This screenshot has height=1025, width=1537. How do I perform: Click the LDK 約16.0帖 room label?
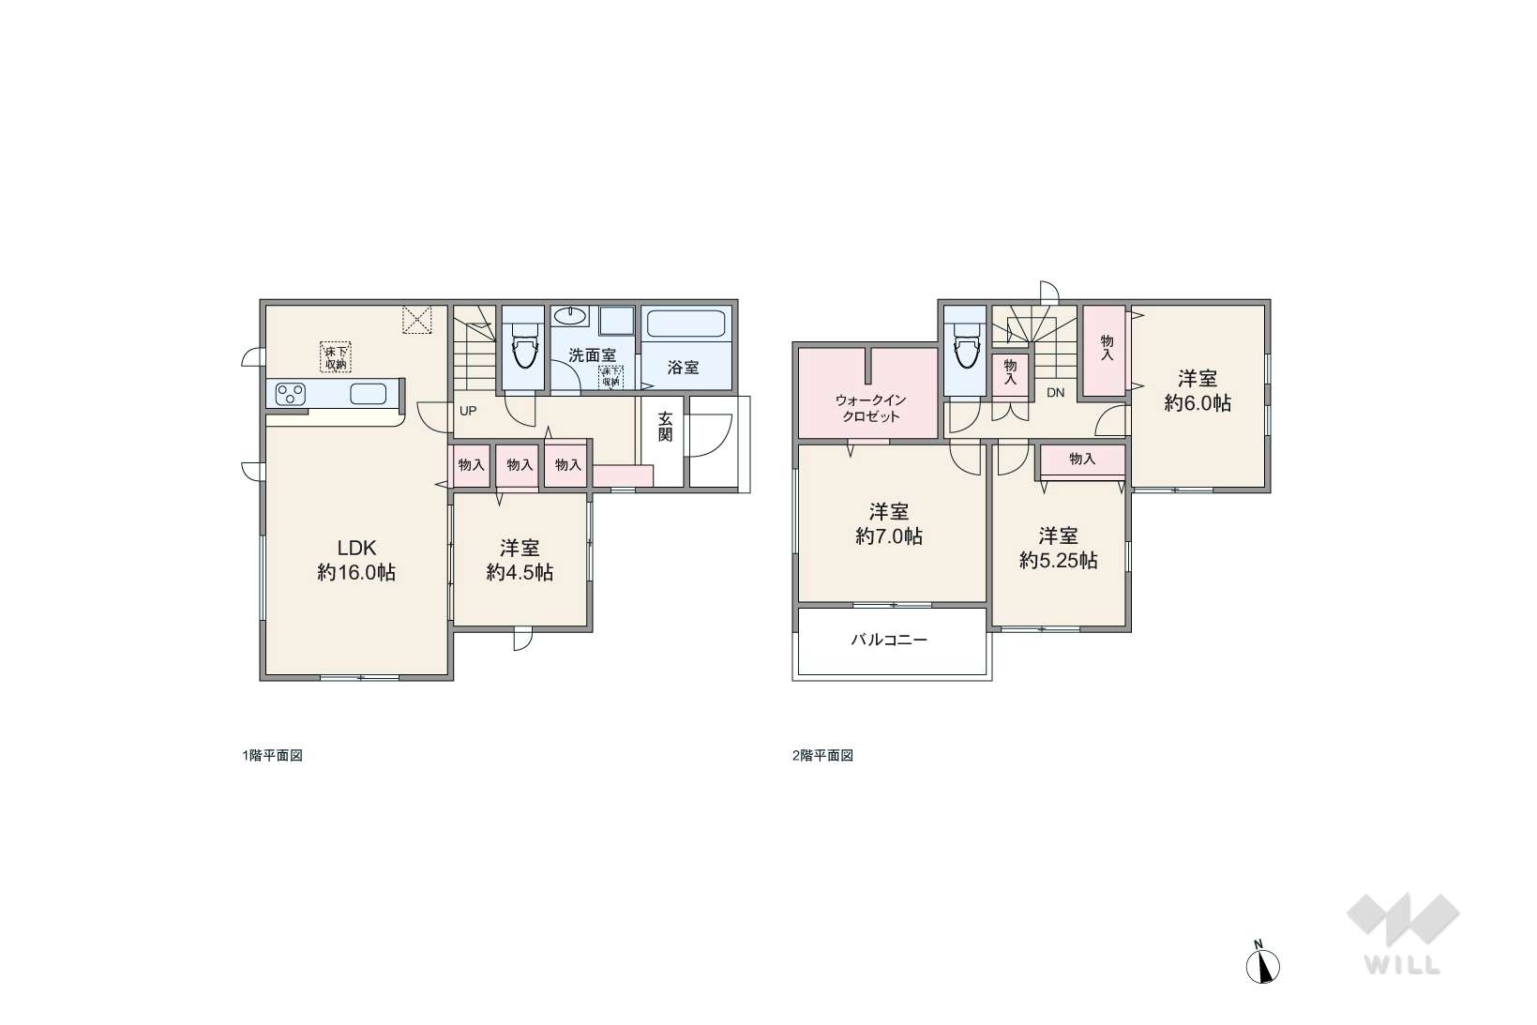point(356,560)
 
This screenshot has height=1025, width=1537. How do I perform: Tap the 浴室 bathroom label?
point(683,368)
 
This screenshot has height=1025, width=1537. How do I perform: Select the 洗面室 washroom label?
point(592,355)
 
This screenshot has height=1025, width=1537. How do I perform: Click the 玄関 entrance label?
point(665,426)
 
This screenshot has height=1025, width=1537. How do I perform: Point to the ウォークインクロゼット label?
point(870,408)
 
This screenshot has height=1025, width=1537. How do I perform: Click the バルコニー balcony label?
point(889,641)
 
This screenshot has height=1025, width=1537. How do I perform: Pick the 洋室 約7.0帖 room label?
point(889,523)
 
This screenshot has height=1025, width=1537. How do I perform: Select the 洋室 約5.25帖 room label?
point(1058,549)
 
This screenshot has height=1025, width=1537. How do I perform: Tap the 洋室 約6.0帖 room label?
point(1198,390)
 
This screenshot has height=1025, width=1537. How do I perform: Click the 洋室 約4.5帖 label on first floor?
point(520,560)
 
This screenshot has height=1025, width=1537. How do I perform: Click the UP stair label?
point(468,411)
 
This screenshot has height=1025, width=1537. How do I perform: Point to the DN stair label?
point(1055,393)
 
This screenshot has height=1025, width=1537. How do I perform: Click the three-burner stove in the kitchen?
point(290,395)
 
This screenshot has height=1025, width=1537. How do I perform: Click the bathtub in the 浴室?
point(686,324)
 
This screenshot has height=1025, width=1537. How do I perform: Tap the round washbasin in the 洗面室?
point(570,316)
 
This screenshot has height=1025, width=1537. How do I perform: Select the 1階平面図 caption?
point(272,755)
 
